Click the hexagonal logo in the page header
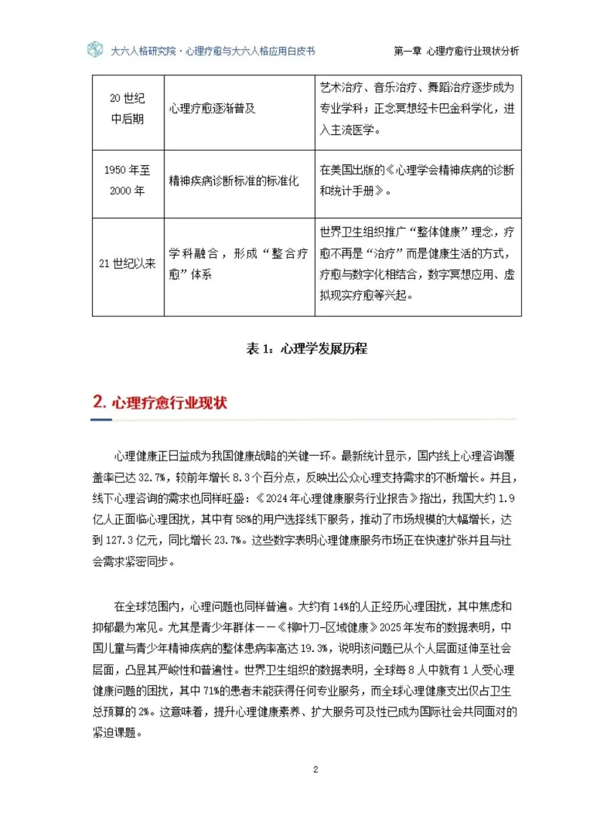[95, 50]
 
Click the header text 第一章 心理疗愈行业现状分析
[456, 51]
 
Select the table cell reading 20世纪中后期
[128, 108]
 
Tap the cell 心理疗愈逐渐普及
[212, 108]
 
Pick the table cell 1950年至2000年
[128, 180]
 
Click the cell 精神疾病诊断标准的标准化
[234, 181]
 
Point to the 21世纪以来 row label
[128, 263]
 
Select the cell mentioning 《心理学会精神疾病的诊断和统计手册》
[417, 180]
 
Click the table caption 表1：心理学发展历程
[306, 348]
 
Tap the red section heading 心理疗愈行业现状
[169, 403]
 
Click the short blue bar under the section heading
[101, 420]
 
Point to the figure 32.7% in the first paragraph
[152, 477]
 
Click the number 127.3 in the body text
[119, 540]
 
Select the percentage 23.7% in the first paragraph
[228, 540]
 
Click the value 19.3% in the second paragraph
[314, 648]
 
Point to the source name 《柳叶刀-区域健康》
[328, 627]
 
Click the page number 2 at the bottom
[316, 770]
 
